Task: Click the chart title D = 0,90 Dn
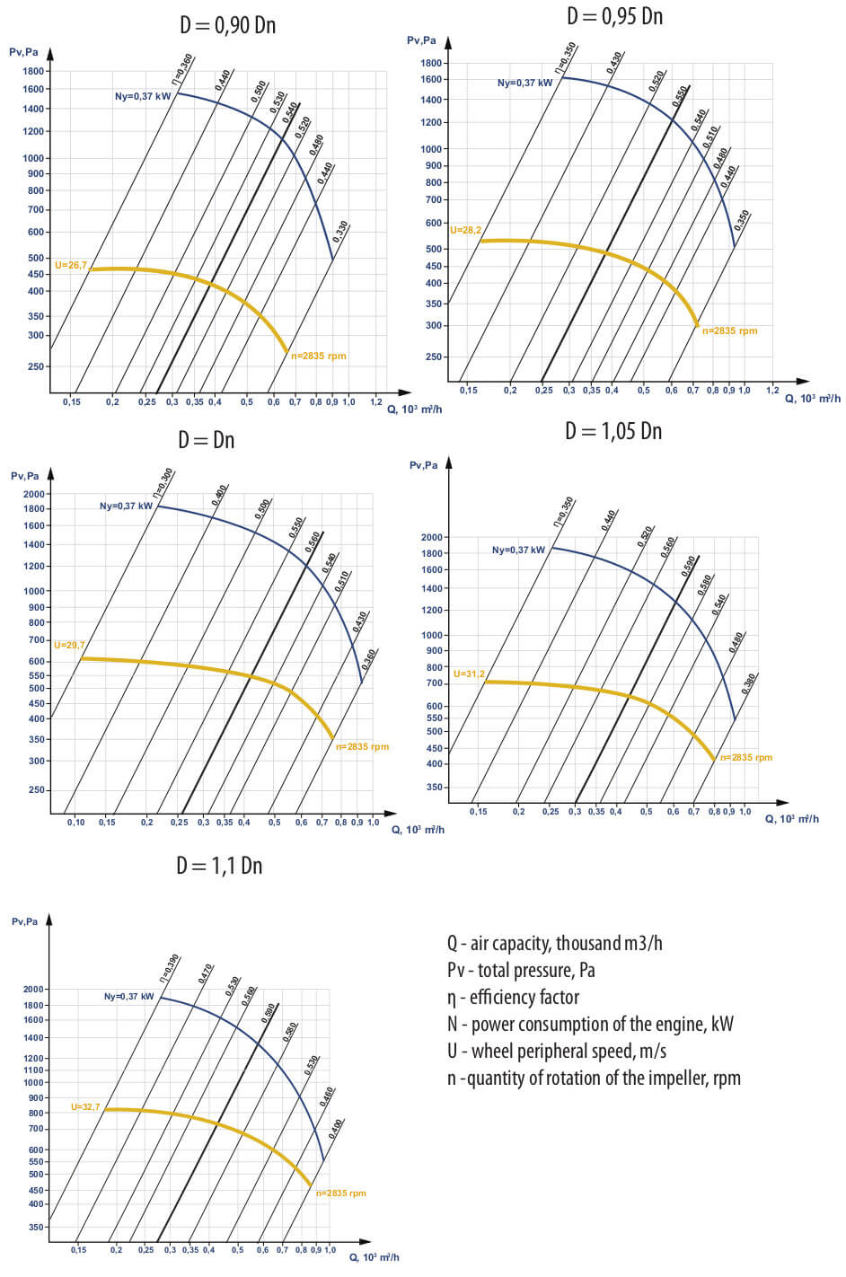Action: tap(227, 25)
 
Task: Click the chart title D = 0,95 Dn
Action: tap(614, 16)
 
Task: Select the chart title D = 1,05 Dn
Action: tap(612, 431)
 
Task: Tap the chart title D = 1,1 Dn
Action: tap(219, 866)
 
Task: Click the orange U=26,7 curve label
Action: tap(71, 266)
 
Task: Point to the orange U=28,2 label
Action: tap(465, 231)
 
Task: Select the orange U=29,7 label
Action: tap(69, 646)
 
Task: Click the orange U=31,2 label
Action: tap(469, 674)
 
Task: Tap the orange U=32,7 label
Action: tap(85, 1107)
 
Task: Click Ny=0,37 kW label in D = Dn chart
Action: tap(126, 506)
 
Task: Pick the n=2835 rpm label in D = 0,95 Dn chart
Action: tap(729, 331)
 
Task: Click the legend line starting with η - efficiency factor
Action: tap(513, 998)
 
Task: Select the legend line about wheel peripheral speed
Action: tap(556, 1052)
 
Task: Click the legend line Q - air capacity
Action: tap(554, 944)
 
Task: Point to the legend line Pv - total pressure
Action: tap(521, 971)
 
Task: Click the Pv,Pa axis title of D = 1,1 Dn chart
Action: tap(24, 922)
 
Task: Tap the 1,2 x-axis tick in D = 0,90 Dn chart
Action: tap(376, 402)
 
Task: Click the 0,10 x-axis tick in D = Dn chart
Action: tap(75, 823)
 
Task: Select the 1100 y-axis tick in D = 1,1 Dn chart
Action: tap(34, 1070)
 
